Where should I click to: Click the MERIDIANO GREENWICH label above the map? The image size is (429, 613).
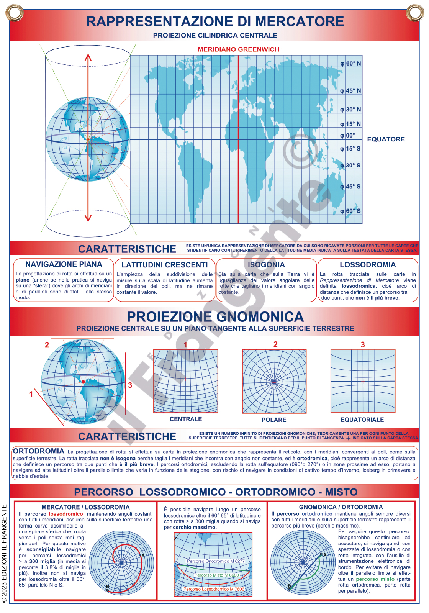click(238, 49)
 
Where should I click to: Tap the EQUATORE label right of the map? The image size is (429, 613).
click(386, 139)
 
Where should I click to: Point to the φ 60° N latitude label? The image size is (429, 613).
click(350, 64)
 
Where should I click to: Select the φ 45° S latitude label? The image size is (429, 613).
click(350, 187)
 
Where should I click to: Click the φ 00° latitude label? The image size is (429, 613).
click(348, 135)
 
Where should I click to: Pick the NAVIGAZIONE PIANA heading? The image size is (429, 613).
click(64, 264)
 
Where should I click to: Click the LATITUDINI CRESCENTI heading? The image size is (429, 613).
click(165, 265)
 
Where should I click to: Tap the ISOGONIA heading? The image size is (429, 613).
click(266, 265)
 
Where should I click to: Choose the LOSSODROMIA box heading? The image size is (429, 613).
click(368, 265)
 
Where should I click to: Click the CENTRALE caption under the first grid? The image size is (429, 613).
click(186, 419)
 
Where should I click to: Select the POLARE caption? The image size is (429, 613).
click(274, 420)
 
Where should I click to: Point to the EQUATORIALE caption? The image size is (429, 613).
click(362, 420)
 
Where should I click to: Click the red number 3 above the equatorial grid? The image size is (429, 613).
click(363, 344)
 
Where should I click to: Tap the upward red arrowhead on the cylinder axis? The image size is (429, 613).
click(88, 57)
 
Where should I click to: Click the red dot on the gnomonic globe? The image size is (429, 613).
click(83, 382)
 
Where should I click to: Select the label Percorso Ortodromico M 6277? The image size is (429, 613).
click(216, 561)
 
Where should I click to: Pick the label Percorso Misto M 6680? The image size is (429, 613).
click(216, 575)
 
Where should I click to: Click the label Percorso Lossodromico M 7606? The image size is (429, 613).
click(214, 589)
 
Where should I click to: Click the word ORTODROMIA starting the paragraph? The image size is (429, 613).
click(39, 451)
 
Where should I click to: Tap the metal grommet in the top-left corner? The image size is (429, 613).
click(15, 13)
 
